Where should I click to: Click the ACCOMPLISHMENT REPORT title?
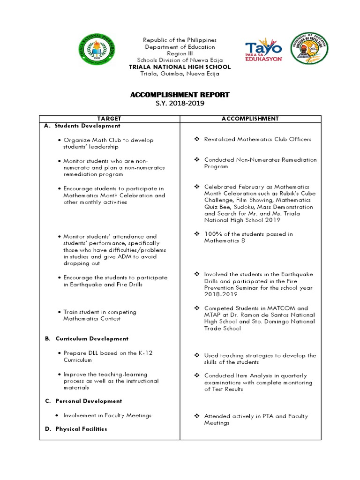[x=180, y=95]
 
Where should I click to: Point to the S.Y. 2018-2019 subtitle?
[x=180, y=103]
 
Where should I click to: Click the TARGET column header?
[x=109, y=119]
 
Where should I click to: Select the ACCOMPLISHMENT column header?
[x=250, y=119]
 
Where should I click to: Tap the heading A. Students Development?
[x=82, y=126]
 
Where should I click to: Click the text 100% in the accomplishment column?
[x=212, y=234]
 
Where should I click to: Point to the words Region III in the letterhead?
[x=180, y=53]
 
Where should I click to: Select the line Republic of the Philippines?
[x=180, y=40]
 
